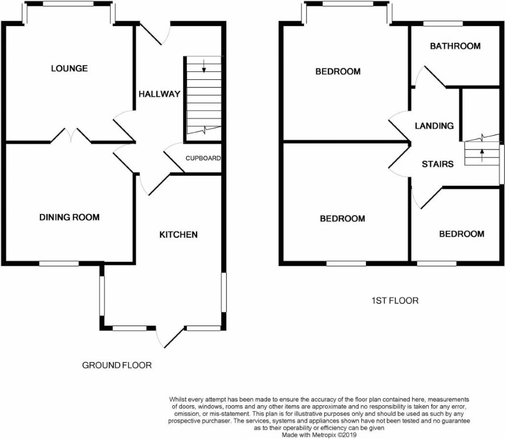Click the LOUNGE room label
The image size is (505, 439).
point(69,68)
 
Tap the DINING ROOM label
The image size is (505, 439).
point(69,217)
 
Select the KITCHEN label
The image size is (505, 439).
point(178,234)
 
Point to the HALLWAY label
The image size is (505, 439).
point(160,94)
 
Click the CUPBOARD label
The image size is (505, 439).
point(203,158)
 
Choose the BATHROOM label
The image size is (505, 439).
point(455,46)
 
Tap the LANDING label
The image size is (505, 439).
point(434,125)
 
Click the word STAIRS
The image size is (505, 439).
point(438,164)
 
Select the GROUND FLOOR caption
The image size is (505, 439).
point(117,365)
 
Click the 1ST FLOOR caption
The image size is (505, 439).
point(395,301)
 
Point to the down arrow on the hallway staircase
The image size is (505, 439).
point(204,66)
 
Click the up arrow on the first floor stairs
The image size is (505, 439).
point(482,155)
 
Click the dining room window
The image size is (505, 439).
point(59,263)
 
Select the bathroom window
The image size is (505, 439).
point(443,23)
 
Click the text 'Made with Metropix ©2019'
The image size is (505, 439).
point(319,435)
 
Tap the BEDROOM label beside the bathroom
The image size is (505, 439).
point(338,71)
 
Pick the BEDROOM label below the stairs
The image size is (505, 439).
point(462,234)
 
